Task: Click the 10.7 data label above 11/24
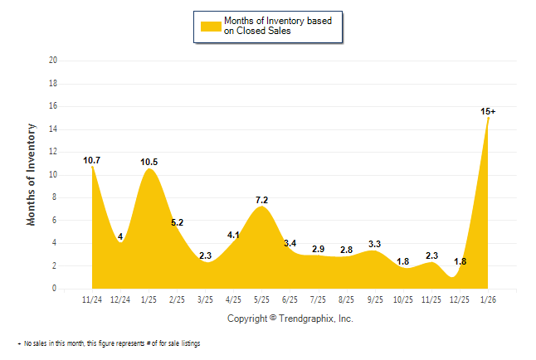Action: pyautogui.click(x=92, y=159)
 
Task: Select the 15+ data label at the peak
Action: pyautogui.click(x=489, y=111)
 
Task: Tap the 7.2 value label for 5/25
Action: pyautogui.click(x=261, y=201)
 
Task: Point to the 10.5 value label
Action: pyautogui.click(x=149, y=162)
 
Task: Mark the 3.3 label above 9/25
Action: pyautogui.click(x=374, y=244)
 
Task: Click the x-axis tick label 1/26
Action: pyautogui.click(x=488, y=298)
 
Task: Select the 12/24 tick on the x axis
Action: pyautogui.click(x=120, y=298)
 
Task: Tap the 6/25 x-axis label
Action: pyautogui.click(x=290, y=298)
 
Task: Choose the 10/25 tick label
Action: pyautogui.click(x=403, y=298)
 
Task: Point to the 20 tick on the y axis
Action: pyautogui.click(x=53, y=61)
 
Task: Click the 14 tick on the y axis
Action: pyautogui.click(x=53, y=129)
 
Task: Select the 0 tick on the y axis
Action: pyautogui.click(x=56, y=289)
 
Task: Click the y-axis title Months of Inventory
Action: pyautogui.click(x=32, y=174)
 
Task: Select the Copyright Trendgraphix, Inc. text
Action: pyautogui.click(x=290, y=319)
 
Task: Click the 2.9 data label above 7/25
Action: pyautogui.click(x=318, y=249)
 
